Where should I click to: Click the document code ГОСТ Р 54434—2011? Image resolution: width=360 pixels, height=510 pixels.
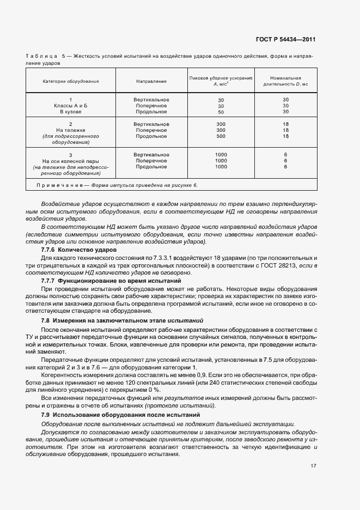pos(285,40)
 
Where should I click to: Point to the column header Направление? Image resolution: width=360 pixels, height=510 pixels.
pos(151,81)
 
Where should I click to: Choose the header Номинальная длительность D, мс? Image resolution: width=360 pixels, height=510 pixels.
pos(285,81)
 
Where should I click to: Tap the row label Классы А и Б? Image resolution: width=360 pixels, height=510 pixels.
pos(71,106)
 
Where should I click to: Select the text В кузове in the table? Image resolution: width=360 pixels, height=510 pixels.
pos(71,112)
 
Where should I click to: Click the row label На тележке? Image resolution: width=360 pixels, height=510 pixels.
pos(71,130)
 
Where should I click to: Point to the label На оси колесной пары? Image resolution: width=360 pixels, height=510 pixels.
pos(71,161)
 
